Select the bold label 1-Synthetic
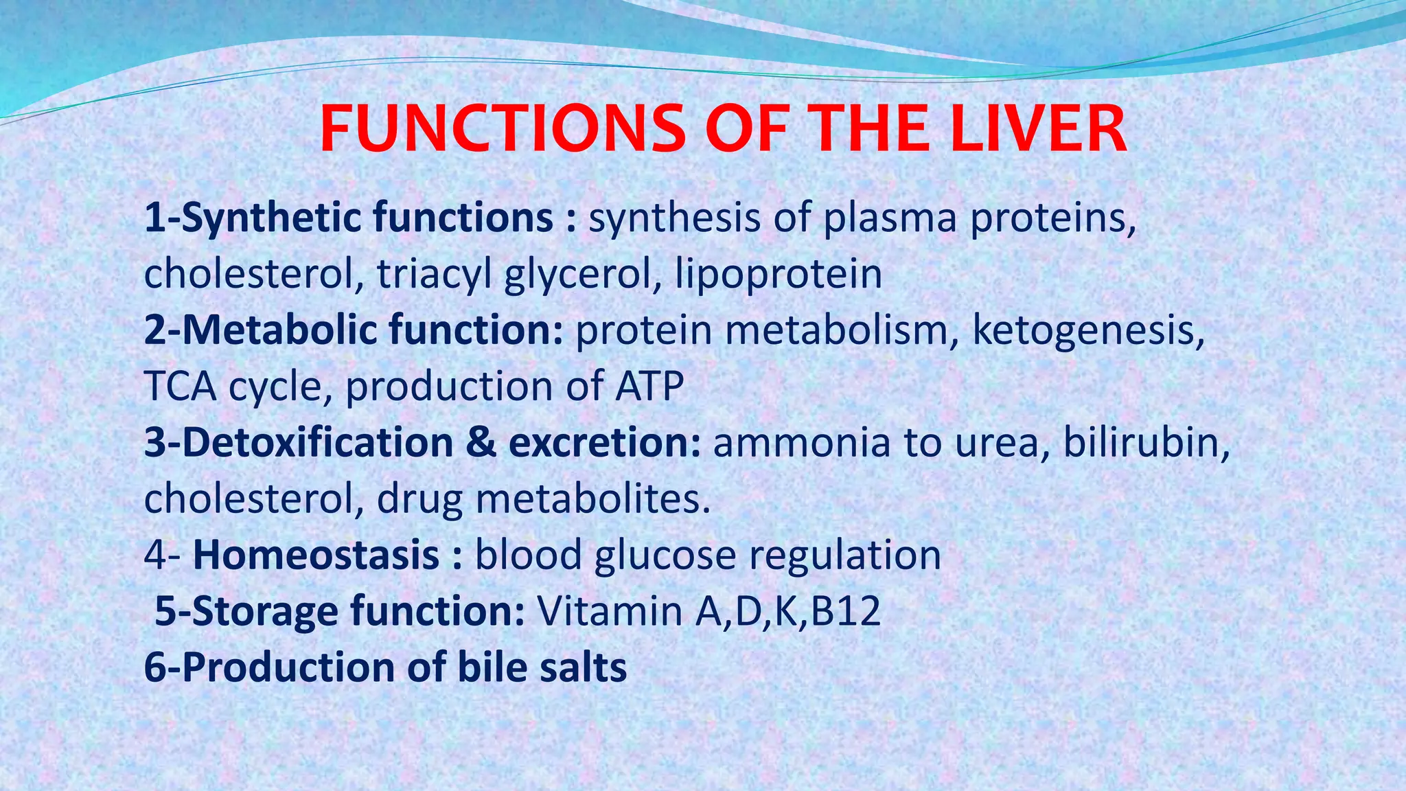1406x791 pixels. coord(253,218)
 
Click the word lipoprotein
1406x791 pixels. coord(779,274)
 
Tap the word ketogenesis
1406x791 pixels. coord(1088,330)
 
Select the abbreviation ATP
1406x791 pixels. coord(649,386)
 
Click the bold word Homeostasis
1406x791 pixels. coord(316,555)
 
